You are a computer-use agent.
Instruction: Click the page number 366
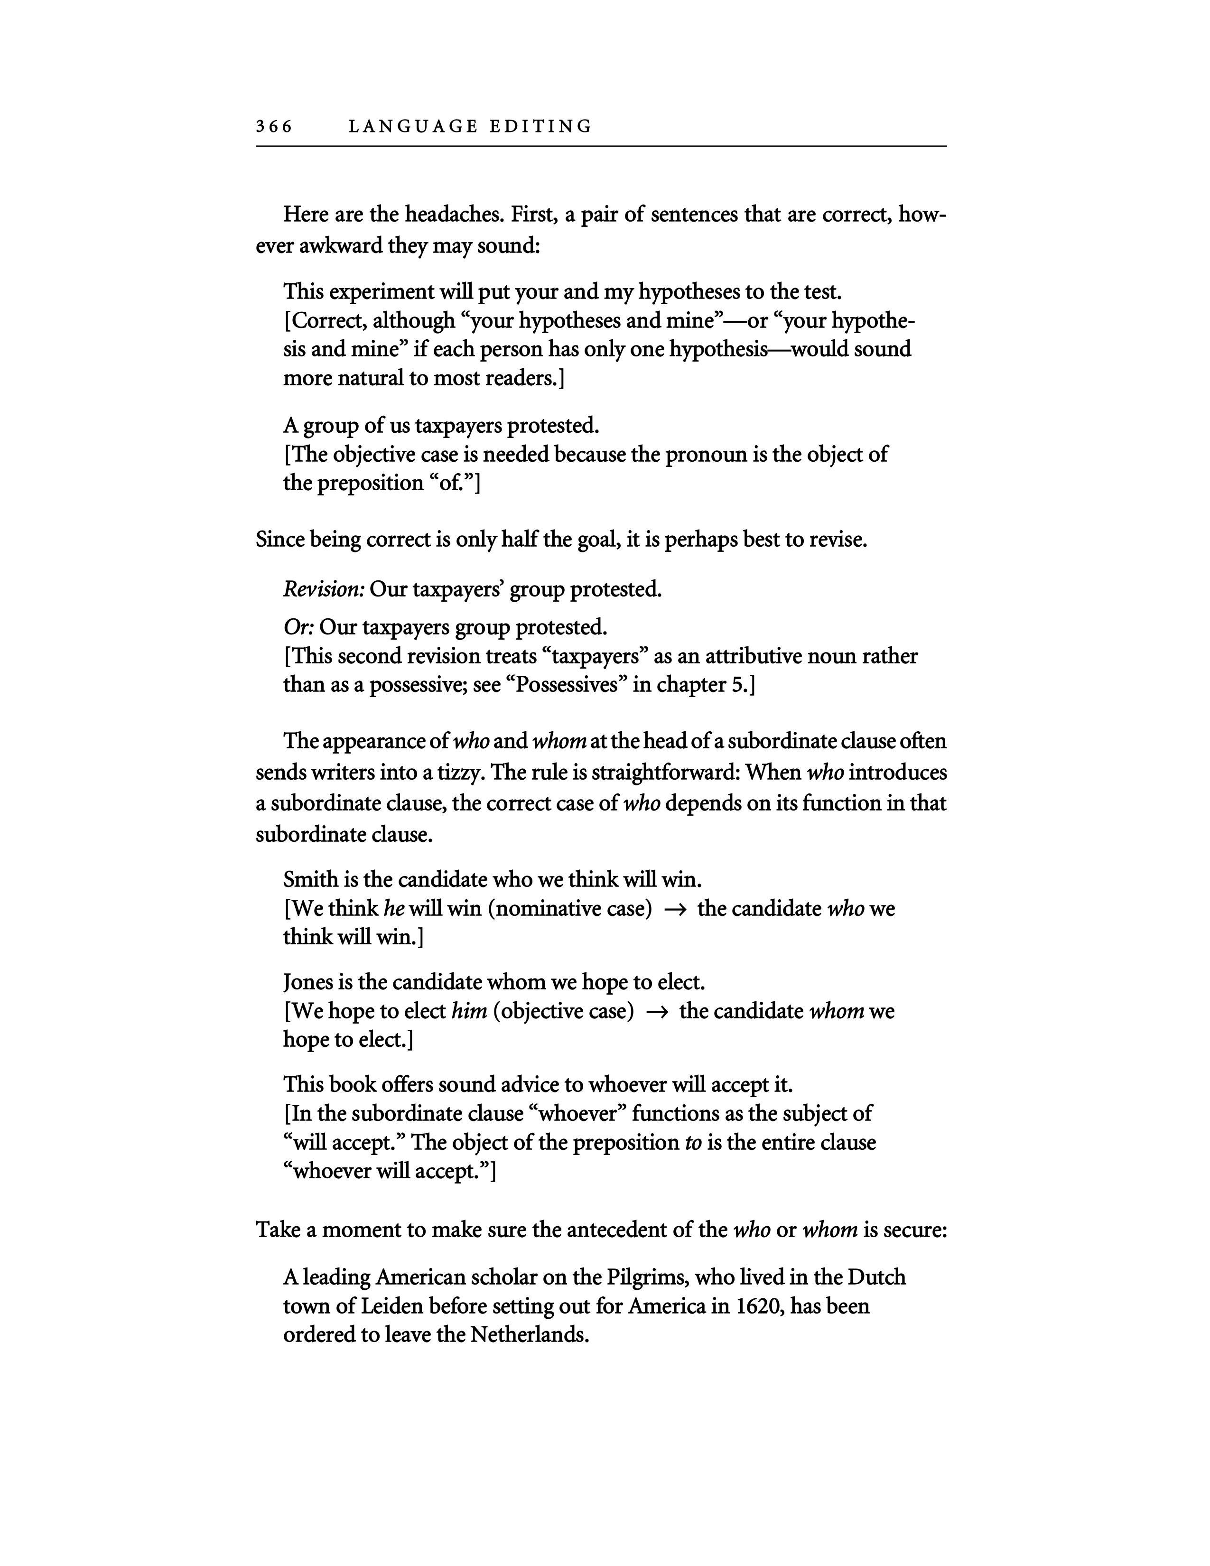[274, 127]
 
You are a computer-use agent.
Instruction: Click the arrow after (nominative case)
[675, 909]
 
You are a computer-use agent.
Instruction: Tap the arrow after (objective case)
[657, 1012]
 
